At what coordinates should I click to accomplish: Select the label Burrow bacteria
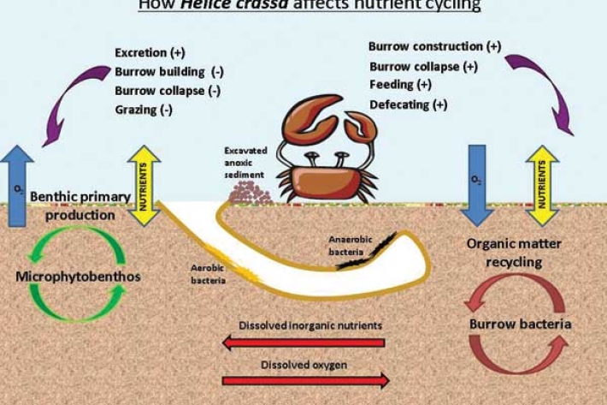click(520, 325)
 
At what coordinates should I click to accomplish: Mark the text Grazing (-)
click(148, 110)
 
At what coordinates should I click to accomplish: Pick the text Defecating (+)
click(408, 104)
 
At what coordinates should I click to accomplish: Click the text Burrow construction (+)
click(434, 45)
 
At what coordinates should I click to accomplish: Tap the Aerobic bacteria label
click(207, 273)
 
